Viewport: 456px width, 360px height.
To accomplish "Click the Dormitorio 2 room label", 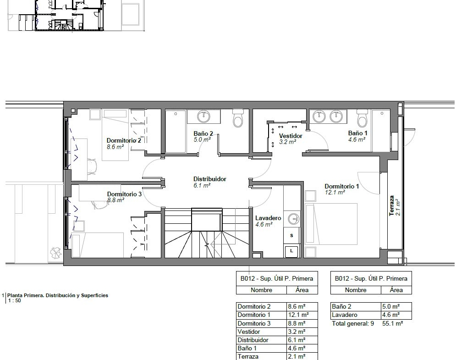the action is tap(124, 140).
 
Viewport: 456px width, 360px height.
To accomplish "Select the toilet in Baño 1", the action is tap(363, 118).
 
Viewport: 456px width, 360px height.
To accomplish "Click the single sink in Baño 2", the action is tap(203, 116).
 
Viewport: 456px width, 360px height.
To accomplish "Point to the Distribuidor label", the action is tap(210, 179).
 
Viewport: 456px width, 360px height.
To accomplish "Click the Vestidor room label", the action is tap(291, 136).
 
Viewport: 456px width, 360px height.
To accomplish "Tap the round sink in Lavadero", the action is tap(293, 219).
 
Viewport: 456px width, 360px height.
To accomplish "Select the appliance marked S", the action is tap(291, 235).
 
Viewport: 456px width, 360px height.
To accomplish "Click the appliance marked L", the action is tap(291, 250).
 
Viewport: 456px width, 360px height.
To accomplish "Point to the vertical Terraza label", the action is tap(392, 205).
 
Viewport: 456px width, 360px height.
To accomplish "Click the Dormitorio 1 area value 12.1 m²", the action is tap(335, 192).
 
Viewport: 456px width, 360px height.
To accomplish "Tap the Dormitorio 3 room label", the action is tap(124, 194).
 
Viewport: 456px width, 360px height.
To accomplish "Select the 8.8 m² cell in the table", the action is tap(297, 323).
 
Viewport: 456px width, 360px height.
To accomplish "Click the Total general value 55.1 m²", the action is tap(393, 323).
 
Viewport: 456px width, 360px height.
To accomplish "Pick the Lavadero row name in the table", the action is tap(344, 315).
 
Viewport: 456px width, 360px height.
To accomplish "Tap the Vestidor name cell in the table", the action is tap(249, 332).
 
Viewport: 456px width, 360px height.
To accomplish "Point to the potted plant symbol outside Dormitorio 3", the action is tap(55, 253).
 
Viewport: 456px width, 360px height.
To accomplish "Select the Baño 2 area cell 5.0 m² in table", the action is tap(391, 306).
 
